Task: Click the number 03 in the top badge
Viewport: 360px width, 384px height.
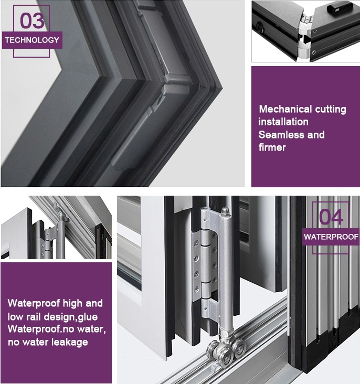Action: tap(32, 20)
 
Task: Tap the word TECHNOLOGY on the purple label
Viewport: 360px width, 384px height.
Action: tap(32, 40)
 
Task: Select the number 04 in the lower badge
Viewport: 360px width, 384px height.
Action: tap(331, 217)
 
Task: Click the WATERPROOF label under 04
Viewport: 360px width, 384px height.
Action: tap(331, 237)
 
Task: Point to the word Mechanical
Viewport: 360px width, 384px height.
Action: tap(285, 109)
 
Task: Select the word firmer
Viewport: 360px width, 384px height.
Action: tap(272, 147)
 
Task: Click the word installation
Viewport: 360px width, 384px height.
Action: tap(283, 122)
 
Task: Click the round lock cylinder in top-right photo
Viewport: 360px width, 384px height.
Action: tap(260, 26)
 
